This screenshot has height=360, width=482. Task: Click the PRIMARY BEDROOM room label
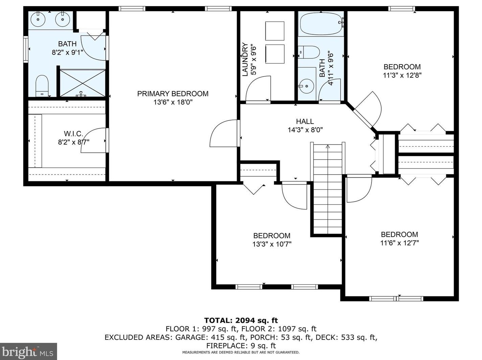coord(173,94)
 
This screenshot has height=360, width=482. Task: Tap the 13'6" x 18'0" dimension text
coord(173,102)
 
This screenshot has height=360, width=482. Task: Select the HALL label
coord(305,121)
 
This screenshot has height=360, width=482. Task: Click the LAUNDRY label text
coord(245,59)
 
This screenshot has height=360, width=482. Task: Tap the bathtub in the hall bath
coord(321,24)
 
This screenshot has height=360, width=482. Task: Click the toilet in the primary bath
coord(42,86)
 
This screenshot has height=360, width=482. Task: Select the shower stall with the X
coord(82,83)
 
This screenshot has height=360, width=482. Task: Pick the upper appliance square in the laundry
coord(275,31)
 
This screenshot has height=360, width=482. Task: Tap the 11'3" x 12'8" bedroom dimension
coord(402,75)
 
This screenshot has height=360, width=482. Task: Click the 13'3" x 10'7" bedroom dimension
coord(272,244)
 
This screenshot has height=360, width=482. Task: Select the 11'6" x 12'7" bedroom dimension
coord(400,243)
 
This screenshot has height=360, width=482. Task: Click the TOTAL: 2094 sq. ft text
coord(241,320)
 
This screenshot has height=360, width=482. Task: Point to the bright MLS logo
coord(28,352)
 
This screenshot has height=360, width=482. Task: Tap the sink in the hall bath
coord(307,86)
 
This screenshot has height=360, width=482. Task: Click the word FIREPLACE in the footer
coord(226,345)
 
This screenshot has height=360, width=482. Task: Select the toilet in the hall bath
coord(309,52)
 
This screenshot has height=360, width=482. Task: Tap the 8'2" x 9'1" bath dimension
coord(67,53)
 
